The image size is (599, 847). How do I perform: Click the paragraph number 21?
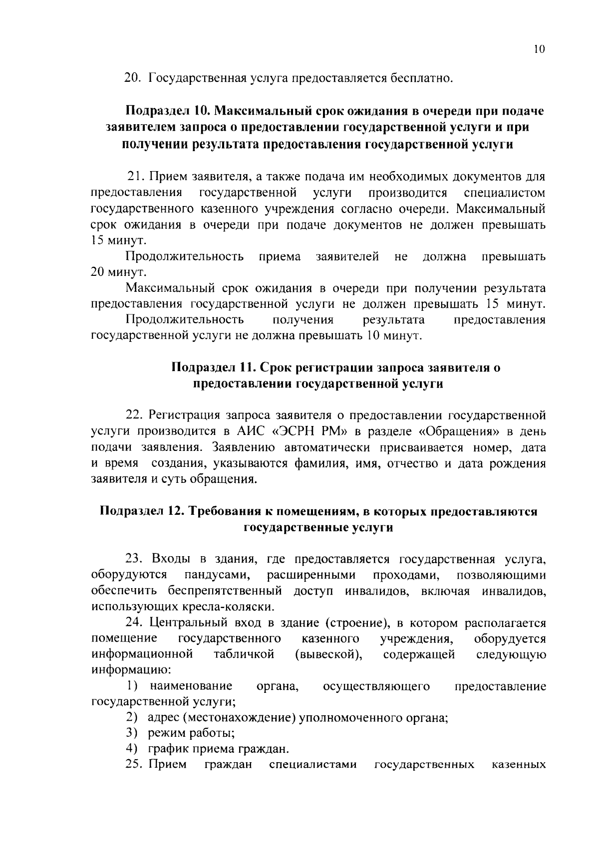[x=136, y=177]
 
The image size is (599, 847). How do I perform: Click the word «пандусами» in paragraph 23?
[x=217, y=575]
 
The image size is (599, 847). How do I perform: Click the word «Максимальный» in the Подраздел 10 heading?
[x=270, y=111]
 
